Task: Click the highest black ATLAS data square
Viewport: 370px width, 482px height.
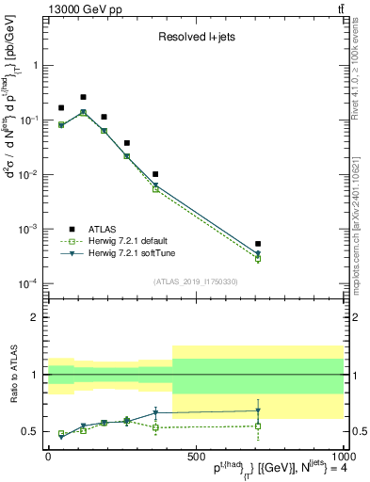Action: point(83,97)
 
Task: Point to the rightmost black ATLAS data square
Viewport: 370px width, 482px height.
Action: point(258,244)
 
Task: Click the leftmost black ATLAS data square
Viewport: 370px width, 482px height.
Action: point(61,108)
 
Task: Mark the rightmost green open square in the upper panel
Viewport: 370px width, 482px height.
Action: point(258,259)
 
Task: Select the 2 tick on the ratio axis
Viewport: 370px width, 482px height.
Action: point(37,317)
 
